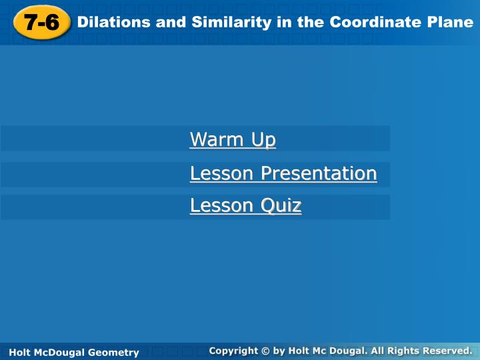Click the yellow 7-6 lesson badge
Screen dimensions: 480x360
pyautogui.click(x=42, y=23)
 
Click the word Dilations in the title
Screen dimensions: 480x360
pyautogui.click(x=113, y=22)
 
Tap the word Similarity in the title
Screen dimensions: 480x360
pyautogui.click(x=231, y=23)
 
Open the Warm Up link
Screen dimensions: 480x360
pyautogui.click(x=233, y=139)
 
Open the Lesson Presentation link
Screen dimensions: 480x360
pyautogui.click(x=283, y=173)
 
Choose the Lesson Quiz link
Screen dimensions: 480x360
pyautogui.click(x=246, y=205)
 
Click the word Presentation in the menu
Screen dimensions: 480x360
pyautogui.click(x=319, y=173)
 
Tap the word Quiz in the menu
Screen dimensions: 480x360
pyautogui.click(x=281, y=205)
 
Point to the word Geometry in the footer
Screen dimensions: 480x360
pyautogui.click(x=113, y=353)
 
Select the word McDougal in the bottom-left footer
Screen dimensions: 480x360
pyautogui.click(x=59, y=353)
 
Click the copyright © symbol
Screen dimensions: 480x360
pyautogui.click(x=265, y=351)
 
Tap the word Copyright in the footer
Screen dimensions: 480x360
pyautogui.click(x=233, y=351)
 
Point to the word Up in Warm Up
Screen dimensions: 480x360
pyautogui.click(x=263, y=140)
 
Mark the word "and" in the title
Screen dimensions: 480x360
pyautogui.click(x=171, y=22)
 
